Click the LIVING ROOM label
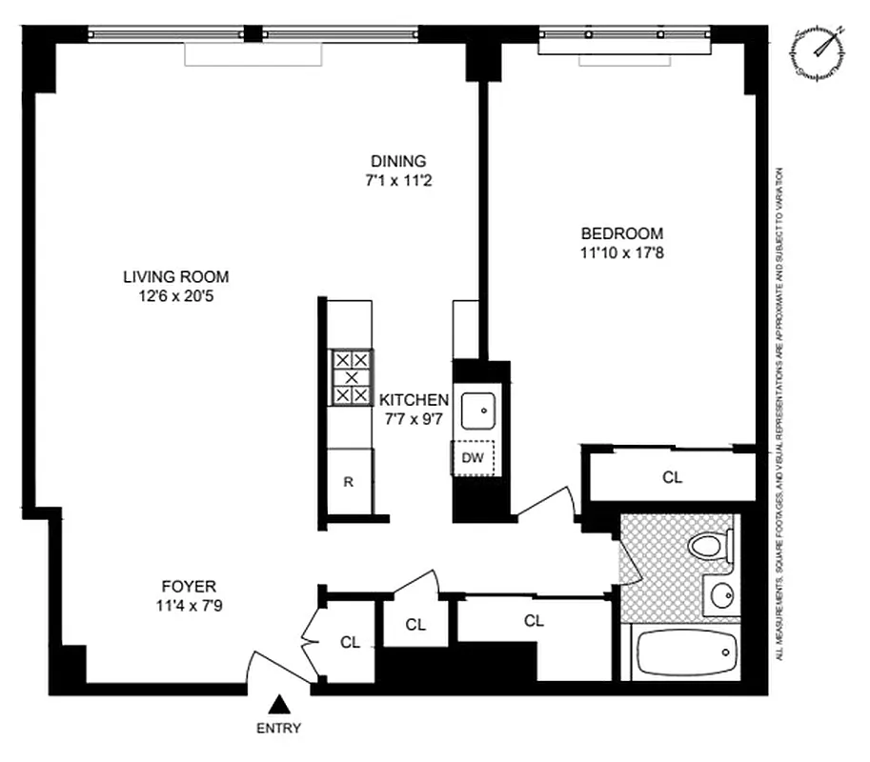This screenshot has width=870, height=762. click(175, 277)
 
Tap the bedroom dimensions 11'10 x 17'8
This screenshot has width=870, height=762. click(622, 252)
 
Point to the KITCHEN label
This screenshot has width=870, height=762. click(414, 400)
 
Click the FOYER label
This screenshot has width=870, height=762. click(188, 587)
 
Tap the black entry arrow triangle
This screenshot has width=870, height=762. click(278, 705)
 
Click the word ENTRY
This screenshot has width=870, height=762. click(278, 729)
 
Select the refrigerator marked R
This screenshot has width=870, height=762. click(349, 481)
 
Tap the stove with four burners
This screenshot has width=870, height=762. click(350, 377)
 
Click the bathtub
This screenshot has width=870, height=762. click(685, 652)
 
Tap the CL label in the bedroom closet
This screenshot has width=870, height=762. click(672, 477)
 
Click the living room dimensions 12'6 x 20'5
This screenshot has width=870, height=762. click(175, 296)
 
